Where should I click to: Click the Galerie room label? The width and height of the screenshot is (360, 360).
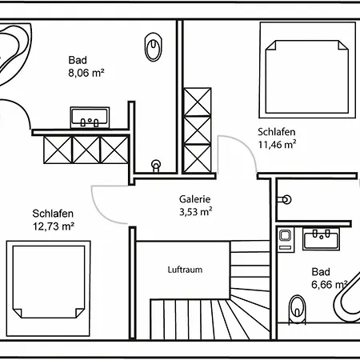point(194,199)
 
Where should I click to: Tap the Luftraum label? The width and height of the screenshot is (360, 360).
point(185,270)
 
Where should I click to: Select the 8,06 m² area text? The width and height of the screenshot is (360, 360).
point(86,73)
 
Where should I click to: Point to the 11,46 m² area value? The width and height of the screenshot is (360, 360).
point(277,144)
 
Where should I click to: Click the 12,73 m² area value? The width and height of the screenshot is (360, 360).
point(54,226)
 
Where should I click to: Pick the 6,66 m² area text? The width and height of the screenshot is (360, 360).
point(330,285)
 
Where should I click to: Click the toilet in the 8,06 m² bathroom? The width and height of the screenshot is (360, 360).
point(154,47)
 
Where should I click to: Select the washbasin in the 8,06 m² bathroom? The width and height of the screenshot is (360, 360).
point(90,118)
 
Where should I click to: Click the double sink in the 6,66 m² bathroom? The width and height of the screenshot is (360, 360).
point(321,238)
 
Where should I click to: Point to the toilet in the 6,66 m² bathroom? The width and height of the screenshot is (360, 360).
point(297,310)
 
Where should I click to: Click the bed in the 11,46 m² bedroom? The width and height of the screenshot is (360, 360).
point(307,70)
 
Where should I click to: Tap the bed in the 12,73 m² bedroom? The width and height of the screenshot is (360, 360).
point(48,288)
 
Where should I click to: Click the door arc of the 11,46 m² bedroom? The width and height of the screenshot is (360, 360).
point(246,147)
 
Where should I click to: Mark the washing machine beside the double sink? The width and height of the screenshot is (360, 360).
point(286,239)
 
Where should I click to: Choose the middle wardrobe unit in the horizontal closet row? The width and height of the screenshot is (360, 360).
point(86,150)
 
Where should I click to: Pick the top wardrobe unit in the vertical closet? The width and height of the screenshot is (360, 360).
point(198,102)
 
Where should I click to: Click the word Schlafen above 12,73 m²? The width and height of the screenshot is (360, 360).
point(53,214)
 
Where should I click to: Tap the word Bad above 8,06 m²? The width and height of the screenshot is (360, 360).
point(78,60)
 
